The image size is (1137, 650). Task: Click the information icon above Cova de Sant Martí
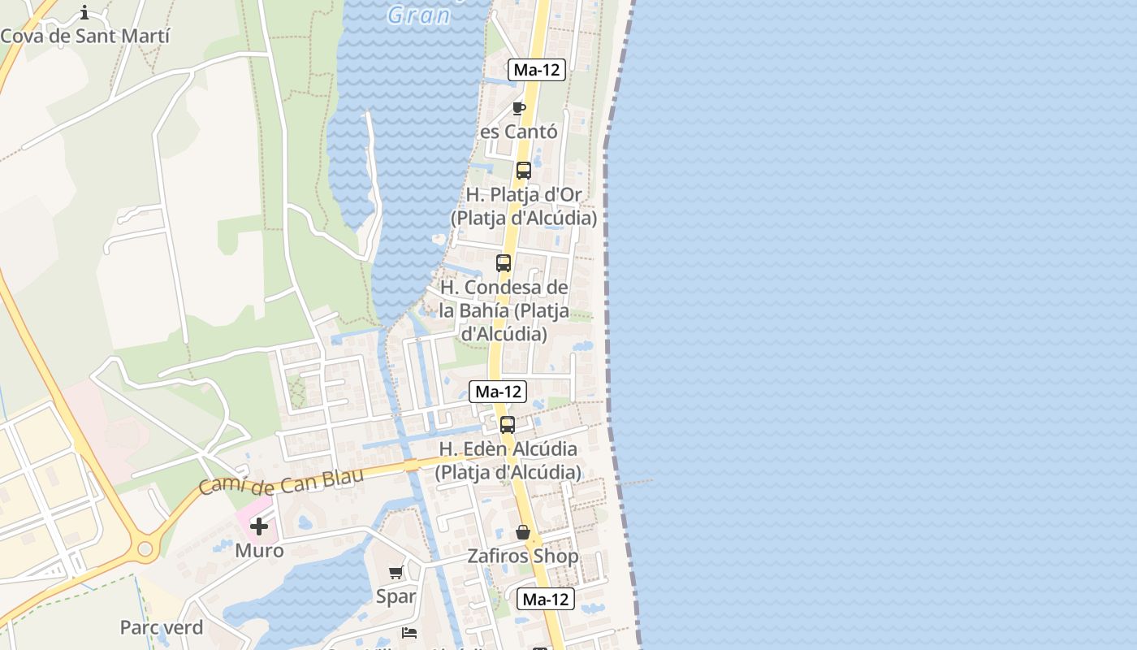coord(84,12)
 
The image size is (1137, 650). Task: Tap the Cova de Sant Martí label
coord(85,36)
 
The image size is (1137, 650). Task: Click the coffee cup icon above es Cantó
coord(518,109)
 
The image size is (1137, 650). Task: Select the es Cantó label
coord(519,132)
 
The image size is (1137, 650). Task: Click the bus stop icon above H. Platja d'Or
coord(524,171)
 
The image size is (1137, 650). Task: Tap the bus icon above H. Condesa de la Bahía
coord(504,263)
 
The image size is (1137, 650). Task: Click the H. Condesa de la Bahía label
coord(504,310)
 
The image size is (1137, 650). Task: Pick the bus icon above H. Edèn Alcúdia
coord(508,424)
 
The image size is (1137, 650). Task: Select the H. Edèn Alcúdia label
coord(508,460)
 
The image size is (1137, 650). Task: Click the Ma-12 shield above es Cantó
coord(537,70)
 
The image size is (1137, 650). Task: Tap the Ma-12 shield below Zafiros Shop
coord(546,600)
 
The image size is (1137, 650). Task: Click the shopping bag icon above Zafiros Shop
coord(523,532)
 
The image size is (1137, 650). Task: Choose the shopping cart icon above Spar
coord(396,573)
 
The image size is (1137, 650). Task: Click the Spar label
coord(396,596)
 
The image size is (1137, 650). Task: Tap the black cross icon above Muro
coord(259,526)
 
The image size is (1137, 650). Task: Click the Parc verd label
coord(162,627)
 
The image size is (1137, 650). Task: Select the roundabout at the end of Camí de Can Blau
coord(145,549)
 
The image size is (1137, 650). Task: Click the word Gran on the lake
coord(418,15)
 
